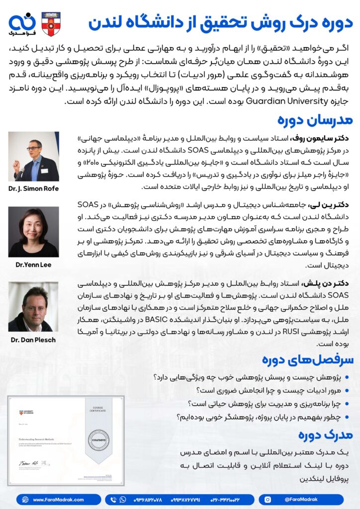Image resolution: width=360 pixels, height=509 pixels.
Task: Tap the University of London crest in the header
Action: pyautogui.click(x=51, y=24)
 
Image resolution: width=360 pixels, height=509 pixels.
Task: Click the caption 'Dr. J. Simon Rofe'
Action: pyautogui.click(x=33, y=189)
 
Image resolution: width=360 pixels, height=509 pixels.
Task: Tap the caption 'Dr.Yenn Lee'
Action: pyautogui.click(x=33, y=265)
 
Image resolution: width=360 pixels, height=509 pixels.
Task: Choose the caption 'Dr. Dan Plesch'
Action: pyautogui.click(x=33, y=340)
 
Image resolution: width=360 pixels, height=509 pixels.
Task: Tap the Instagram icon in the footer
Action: pyautogui.click(x=268, y=499)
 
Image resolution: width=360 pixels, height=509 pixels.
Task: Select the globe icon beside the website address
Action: pyautogui.click(x=24, y=499)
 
